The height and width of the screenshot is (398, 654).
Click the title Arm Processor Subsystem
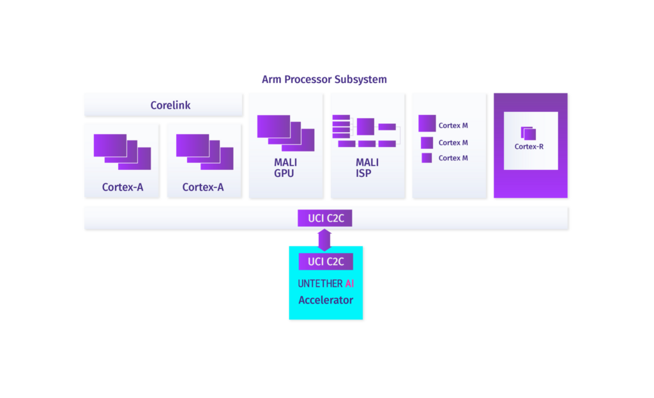(x=324, y=80)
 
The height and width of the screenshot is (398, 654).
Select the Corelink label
(x=171, y=105)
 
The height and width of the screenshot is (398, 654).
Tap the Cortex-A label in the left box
(x=123, y=187)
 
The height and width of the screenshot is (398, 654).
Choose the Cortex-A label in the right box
(x=203, y=187)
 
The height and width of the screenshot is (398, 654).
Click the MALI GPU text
(x=285, y=167)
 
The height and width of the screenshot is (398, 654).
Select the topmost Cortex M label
(x=453, y=126)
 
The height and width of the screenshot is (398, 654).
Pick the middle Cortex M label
(x=453, y=142)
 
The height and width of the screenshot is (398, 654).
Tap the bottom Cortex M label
(x=453, y=158)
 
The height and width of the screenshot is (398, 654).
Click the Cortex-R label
(x=529, y=146)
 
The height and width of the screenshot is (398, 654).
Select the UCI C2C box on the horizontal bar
(x=325, y=218)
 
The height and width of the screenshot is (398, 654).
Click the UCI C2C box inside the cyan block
(x=326, y=261)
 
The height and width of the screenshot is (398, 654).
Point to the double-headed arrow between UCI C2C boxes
(x=325, y=240)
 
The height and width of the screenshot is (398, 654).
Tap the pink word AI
(x=349, y=284)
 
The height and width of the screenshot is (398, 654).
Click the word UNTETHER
(x=320, y=284)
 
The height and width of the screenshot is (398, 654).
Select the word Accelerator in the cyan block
(x=326, y=300)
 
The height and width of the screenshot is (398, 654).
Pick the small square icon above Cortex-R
(x=528, y=134)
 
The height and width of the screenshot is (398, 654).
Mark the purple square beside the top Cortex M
(x=427, y=123)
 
